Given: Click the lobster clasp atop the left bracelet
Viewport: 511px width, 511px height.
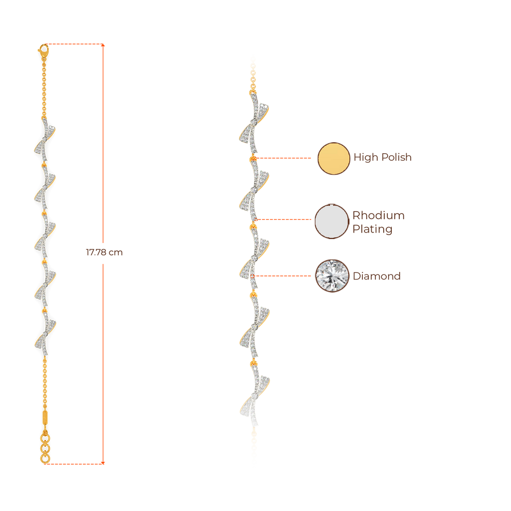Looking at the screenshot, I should [43, 49].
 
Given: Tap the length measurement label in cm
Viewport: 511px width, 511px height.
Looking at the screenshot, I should [104, 253].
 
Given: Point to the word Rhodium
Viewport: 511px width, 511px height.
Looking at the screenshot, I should [378, 216].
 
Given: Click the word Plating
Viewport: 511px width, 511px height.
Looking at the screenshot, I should [372, 230].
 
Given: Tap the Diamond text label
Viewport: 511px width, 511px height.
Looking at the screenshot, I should [377, 276].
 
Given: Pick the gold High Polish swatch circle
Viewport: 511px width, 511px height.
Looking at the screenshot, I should [334, 158].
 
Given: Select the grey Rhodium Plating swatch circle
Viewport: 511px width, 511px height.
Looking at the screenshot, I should [331, 222].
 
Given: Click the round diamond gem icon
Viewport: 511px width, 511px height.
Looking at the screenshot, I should [331, 275].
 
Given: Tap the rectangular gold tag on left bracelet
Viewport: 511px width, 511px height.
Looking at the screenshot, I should [45, 417].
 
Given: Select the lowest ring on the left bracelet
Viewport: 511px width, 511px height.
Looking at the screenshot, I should [45, 458].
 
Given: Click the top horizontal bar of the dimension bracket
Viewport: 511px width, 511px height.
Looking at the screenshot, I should [75, 44].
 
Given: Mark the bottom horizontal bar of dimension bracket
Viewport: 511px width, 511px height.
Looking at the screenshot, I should [75, 463].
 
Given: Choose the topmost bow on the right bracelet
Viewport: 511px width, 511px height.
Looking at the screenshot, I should [254, 122].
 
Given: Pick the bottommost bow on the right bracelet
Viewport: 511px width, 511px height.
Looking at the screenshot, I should [254, 394].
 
